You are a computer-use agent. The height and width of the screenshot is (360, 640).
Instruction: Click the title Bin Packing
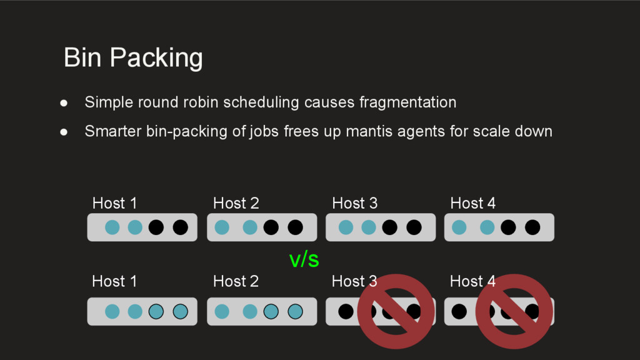133,58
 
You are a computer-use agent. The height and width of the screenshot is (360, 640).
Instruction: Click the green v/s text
304,259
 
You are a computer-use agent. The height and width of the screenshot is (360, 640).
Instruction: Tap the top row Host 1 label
114,203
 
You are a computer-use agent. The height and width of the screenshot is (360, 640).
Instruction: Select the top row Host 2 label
236,203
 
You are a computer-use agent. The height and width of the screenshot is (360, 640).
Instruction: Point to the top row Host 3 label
354,203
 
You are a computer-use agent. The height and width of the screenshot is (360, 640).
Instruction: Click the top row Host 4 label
472,203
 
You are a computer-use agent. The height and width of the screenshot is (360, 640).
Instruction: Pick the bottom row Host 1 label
114,281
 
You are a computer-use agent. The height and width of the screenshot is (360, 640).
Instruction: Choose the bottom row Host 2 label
236,281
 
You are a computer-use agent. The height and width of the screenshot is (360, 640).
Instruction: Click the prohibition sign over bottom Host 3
396,311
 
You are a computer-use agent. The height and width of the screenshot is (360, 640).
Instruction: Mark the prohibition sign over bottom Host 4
514,311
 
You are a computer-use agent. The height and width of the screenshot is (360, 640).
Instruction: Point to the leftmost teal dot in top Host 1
112,227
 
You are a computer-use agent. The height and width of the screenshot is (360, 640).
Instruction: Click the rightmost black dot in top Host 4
532,227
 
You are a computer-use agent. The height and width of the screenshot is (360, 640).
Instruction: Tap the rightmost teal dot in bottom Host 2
295,311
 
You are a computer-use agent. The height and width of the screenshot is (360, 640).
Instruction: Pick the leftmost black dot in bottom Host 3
346,311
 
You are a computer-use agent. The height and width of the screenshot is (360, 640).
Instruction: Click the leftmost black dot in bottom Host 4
459,311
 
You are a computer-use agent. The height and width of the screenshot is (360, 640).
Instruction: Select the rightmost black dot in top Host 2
295,227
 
